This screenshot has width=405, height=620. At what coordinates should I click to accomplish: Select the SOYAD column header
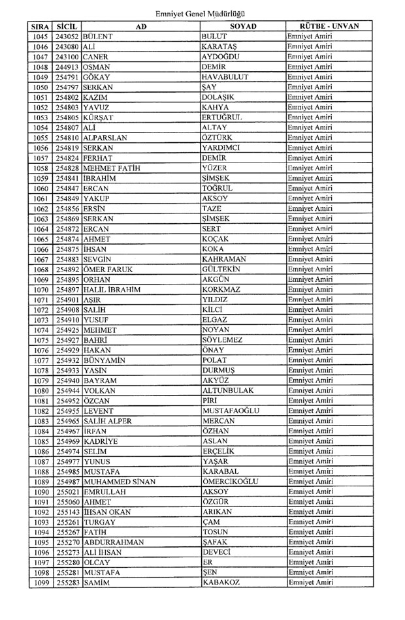point(243,26)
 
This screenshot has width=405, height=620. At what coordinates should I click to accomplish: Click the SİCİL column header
point(67,26)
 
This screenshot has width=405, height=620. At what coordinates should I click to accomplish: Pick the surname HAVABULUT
point(225,77)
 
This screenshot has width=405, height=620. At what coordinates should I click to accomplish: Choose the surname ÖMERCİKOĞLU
point(231,482)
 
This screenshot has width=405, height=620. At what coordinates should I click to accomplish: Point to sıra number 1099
point(40,583)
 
